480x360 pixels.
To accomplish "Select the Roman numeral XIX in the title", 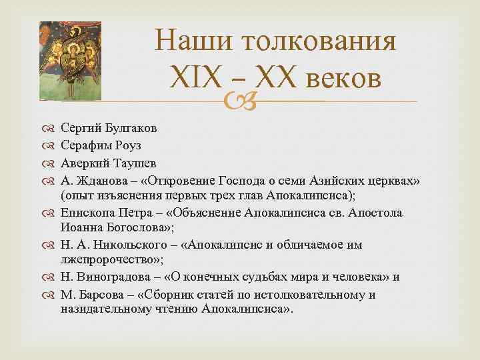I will tap(194, 78).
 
